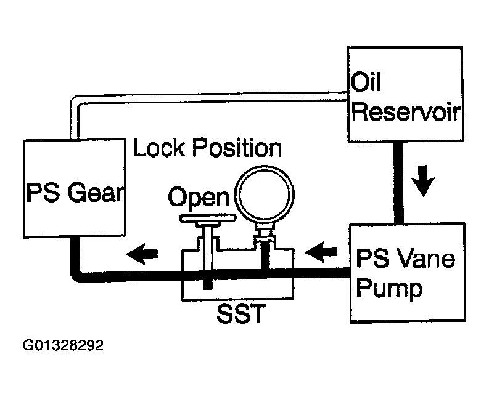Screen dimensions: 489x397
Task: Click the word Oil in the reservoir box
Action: point(365,82)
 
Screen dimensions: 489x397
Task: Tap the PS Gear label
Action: point(76,193)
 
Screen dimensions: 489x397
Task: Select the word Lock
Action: point(159,147)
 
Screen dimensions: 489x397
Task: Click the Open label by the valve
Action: point(199,198)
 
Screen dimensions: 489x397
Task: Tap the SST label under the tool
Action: point(241,313)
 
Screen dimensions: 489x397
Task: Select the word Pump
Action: point(389,288)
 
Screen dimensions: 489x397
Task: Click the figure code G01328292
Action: point(63,345)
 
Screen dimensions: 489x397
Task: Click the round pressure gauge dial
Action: point(265,194)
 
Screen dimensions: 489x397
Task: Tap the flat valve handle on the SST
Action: point(208,218)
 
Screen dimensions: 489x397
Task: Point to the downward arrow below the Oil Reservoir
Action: point(423,181)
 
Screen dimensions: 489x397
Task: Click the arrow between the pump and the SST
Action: point(321,252)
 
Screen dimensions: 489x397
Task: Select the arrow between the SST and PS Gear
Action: point(142,254)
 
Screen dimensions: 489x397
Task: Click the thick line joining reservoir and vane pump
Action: point(398,182)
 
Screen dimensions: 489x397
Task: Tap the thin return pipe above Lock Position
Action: point(209,97)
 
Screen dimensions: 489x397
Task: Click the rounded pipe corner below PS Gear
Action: point(76,277)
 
